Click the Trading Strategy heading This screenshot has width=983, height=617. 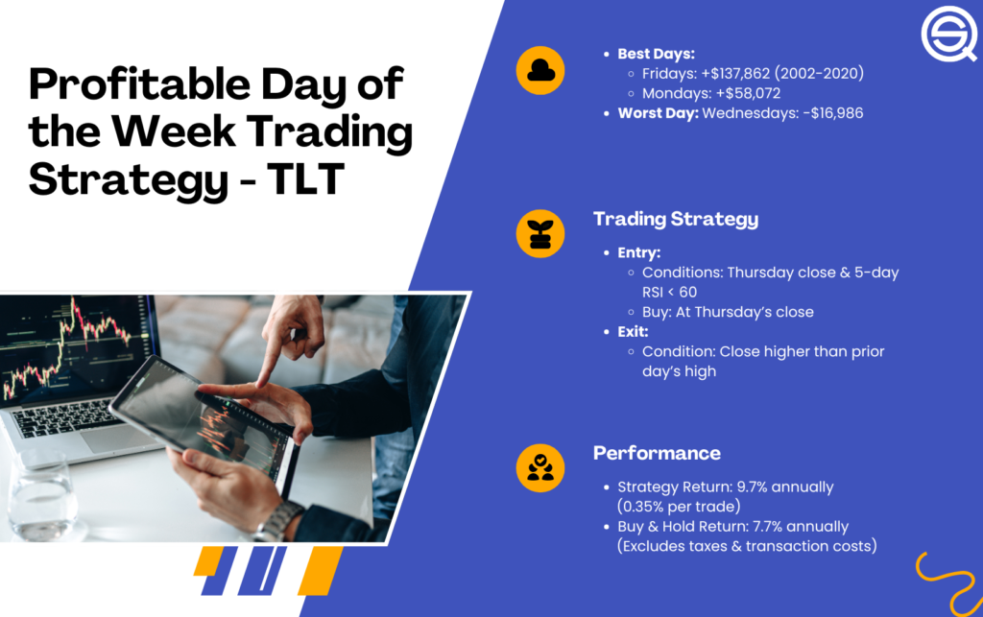pyautogui.click(x=675, y=219)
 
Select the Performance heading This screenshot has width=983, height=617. pyautogui.click(x=657, y=453)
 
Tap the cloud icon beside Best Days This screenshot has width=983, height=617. pyautogui.click(x=539, y=71)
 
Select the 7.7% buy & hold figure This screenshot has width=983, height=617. pyautogui.click(x=756, y=527)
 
